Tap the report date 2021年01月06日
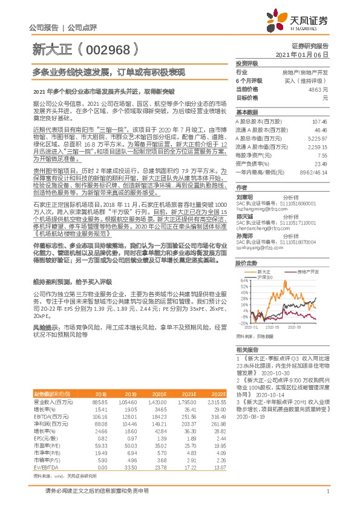[309, 54]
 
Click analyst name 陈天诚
[244, 216]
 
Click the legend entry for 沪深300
[266, 277]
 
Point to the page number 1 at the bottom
[327, 490]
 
